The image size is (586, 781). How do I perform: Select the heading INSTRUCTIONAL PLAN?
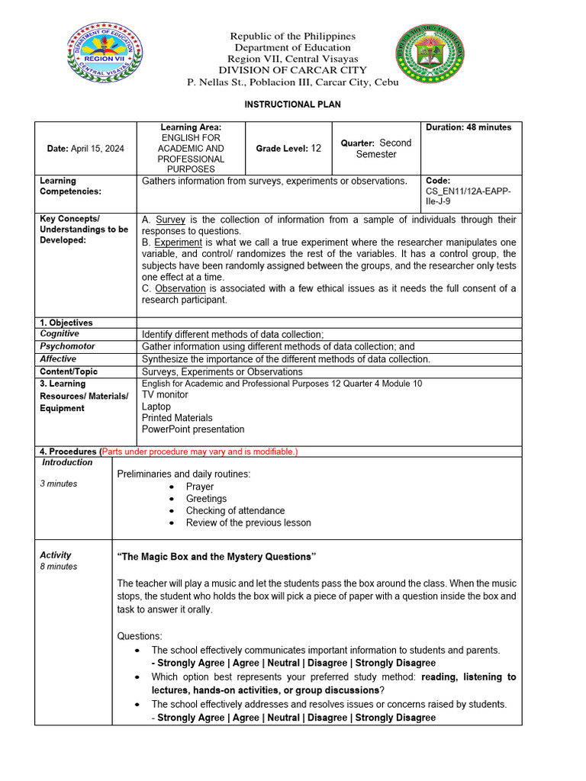click(x=292, y=104)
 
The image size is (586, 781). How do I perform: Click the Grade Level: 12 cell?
click(x=288, y=148)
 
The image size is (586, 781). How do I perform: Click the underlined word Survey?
click(x=170, y=220)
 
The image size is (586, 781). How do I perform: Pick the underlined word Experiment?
click(x=180, y=243)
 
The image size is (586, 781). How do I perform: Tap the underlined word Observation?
click(x=180, y=288)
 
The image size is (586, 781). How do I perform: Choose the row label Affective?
click(x=58, y=358)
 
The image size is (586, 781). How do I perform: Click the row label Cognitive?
click(x=60, y=334)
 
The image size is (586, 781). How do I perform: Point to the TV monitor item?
click(x=165, y=395)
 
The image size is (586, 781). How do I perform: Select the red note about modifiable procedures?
click(x=199, y=452)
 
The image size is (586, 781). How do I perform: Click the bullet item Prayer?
click(x=200, y=487)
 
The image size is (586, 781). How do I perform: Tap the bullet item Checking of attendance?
click(x=235, y=511)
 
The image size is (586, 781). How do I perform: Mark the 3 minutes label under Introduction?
click(x=59, y=484)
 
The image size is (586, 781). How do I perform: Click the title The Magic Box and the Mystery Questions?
click(x=216, y=557)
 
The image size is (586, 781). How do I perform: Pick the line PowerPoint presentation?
click(x=193, y=429)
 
